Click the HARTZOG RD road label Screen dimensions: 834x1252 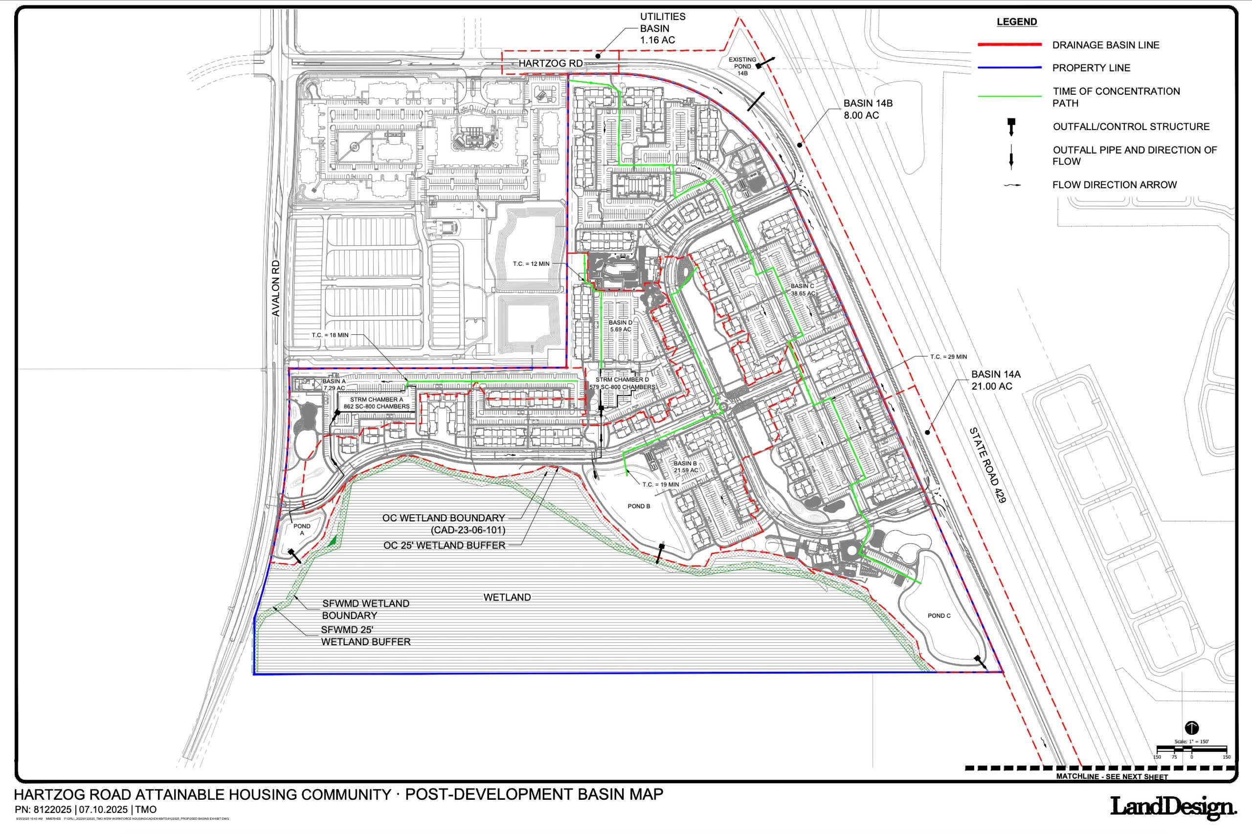551,63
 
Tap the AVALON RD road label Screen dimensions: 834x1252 276,288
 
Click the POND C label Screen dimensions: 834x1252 939,615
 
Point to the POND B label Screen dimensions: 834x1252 639,506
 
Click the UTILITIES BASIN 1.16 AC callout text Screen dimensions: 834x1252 663,28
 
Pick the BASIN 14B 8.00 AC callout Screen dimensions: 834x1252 868,109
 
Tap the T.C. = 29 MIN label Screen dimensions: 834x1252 948,357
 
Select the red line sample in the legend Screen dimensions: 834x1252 1009,44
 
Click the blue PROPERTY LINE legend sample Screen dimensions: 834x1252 1009,67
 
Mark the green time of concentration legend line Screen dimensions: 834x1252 1009,97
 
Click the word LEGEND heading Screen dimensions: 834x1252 1016,22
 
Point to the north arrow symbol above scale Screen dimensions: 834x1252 1192,727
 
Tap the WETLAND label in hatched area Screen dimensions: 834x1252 507,597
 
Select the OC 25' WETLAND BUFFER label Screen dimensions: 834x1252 444,545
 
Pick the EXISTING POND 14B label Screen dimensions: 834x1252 742,66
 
